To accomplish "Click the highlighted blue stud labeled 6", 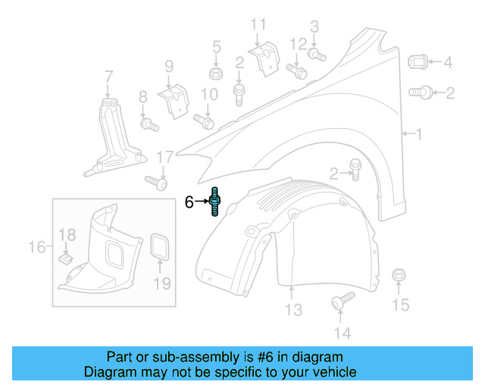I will pyautogui.click(x=216, y=202).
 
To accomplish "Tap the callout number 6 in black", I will pyautogui.click(x=189, y=202).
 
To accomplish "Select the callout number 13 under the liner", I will pyautogui.click(x=293, y=309).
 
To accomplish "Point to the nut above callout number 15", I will pyautogui.click(x=399, y=277).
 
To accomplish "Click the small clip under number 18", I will pyautogui.click(x=67, y=259).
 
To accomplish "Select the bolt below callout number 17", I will pyautogui.click(x=156, y=182).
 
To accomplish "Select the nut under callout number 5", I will pyautogui.click(x=215, y=74).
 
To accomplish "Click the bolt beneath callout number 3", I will pyautogui.click(x=316, y=54).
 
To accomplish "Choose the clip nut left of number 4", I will pyautogui.click(x=419, y=61).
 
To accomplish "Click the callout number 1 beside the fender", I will pyautogui.click(x=419, y=134).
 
